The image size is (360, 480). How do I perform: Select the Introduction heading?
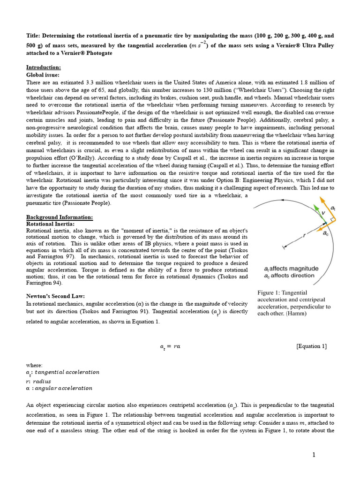tap(43, 67)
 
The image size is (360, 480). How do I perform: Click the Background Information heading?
tap(59, 217)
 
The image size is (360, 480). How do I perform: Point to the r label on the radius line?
tap(305, 237)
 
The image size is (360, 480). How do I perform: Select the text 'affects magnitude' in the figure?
tap(295, 269)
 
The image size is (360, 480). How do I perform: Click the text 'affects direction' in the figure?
tap(295, 276)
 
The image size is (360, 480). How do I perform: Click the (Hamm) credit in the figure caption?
tap(296, 314)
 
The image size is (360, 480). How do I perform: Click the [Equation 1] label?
tap(312, 346)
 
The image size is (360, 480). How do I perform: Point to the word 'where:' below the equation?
tap(34, 364)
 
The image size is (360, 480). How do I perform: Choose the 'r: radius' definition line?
tap(38, 381)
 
